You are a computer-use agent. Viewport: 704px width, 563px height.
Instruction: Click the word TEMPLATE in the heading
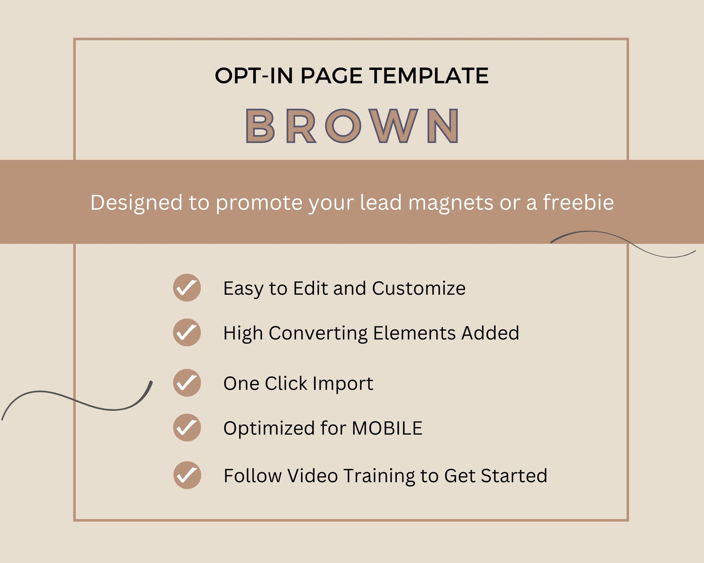point(429,76)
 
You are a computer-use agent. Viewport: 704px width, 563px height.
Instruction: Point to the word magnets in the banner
point(451,203)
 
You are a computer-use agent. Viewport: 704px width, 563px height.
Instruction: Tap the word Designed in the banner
point(136,203)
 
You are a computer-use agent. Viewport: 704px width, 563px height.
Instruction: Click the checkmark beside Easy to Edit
point(187,288)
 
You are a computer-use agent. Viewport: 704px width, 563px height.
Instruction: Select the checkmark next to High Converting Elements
point(187,332)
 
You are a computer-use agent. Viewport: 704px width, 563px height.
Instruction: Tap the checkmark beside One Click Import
point(187,383)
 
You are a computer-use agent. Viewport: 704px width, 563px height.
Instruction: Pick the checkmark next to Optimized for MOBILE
point(187,428)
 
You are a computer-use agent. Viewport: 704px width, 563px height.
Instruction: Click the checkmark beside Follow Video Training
point(187,475)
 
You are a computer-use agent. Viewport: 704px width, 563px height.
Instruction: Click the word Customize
point(419,289)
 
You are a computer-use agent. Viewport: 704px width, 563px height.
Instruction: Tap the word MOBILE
point(387,428)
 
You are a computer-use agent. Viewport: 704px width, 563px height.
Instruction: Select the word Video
point(313,475)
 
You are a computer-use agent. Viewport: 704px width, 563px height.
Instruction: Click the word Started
point(514,476)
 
